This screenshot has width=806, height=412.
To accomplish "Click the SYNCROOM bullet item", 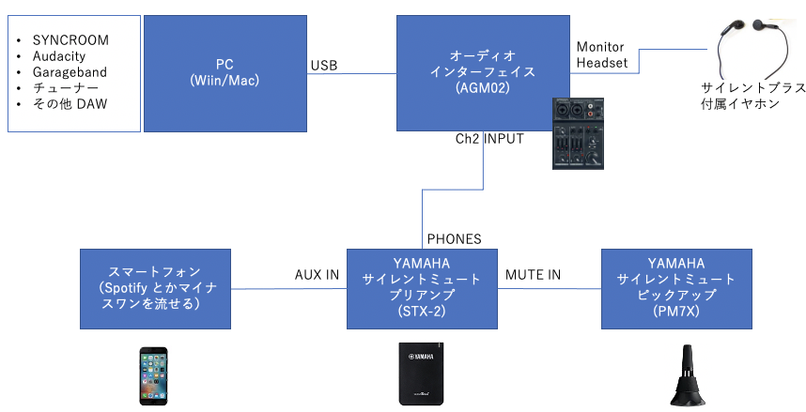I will (x=70, y=40).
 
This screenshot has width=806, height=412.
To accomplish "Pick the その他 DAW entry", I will (x=70, y=104).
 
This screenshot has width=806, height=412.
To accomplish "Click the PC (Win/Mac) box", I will (x=225, y=72).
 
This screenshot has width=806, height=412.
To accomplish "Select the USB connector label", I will (x=324, y=66).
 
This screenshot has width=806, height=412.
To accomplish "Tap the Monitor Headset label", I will (x=600, y=54).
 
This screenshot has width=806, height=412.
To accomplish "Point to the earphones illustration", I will (x=752, y=43).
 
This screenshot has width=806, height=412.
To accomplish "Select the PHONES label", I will (x=454, y=239).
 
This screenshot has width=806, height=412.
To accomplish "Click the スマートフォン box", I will (x=156, y=288).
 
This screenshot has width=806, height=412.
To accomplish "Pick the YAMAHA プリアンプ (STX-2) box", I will (x=422, y=288).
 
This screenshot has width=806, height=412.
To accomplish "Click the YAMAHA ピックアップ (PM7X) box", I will (x=675, y=288).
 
